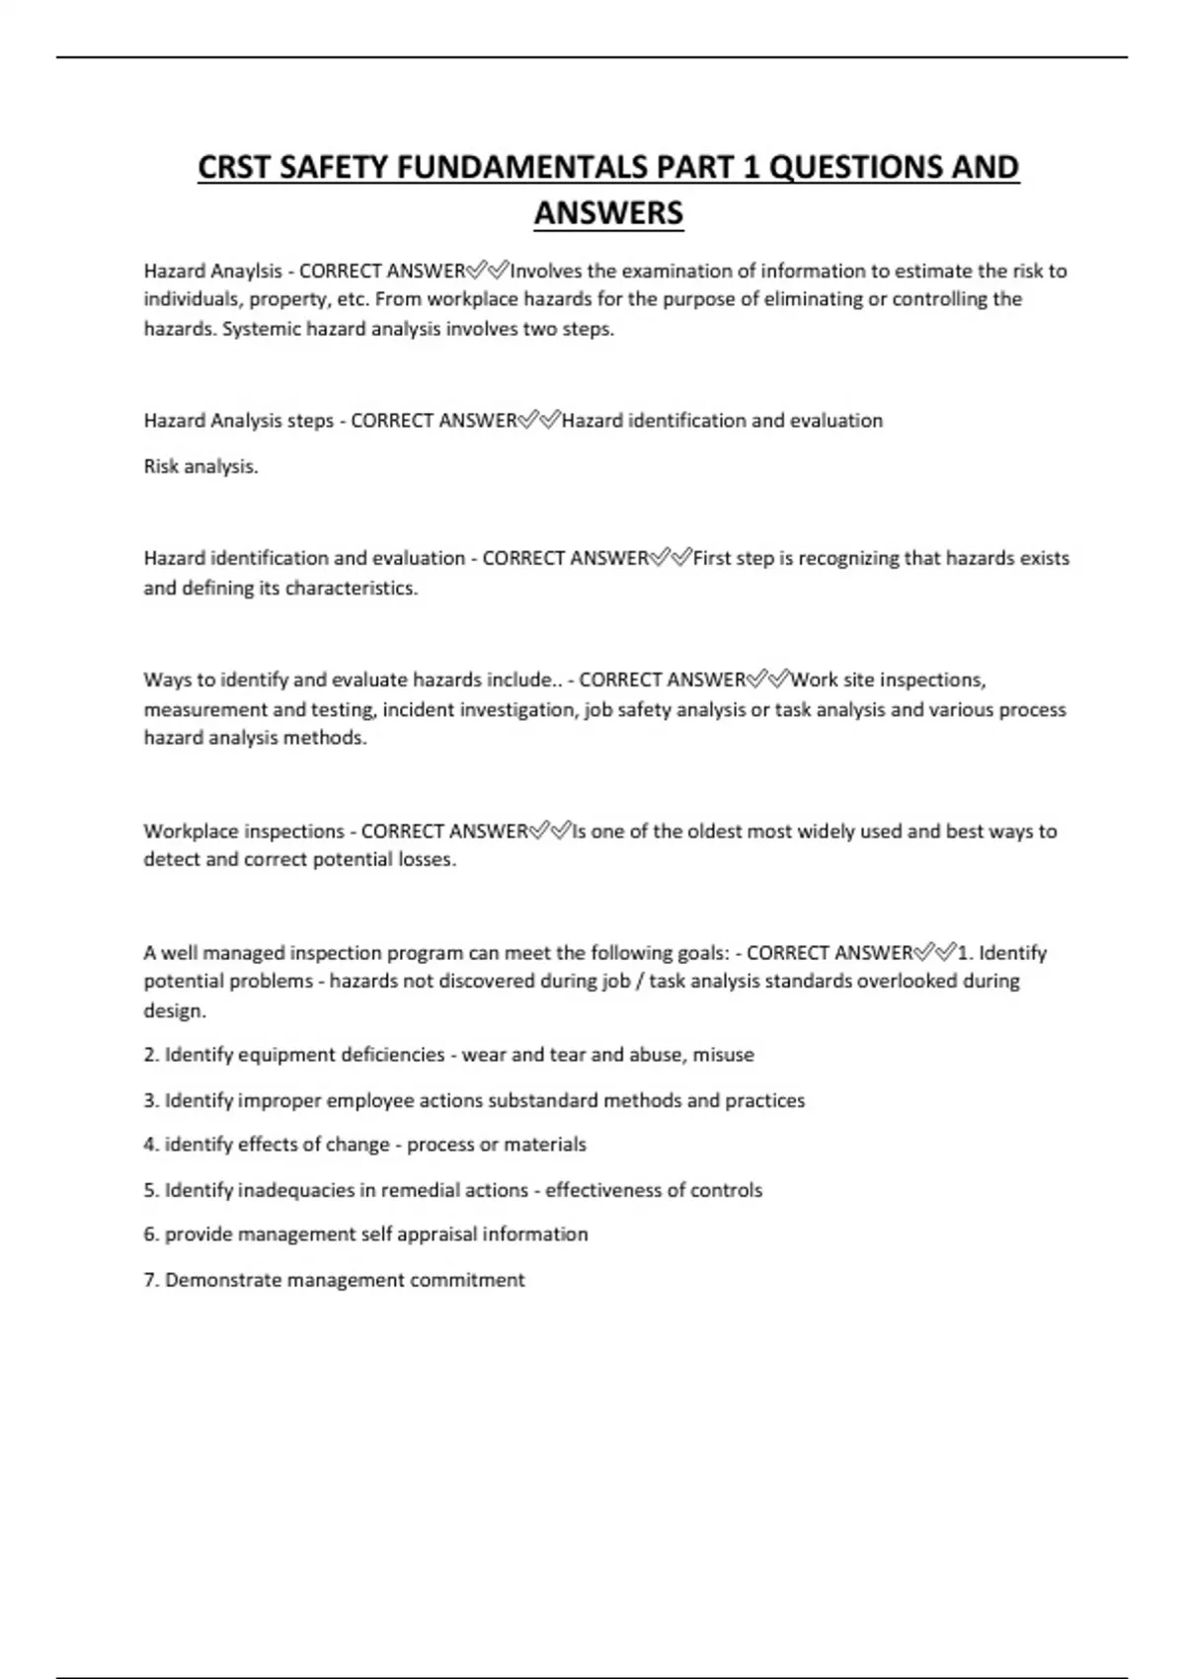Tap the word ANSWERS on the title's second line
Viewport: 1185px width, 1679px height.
click(x=608, y=212)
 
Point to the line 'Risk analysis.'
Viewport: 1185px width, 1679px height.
click(x=200, y=466)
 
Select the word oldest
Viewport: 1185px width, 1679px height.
click(x=711, y=831)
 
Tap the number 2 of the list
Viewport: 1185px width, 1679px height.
click(x=150, y=1055)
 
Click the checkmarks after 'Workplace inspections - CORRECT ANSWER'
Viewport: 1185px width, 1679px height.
click(x=550, y=831)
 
